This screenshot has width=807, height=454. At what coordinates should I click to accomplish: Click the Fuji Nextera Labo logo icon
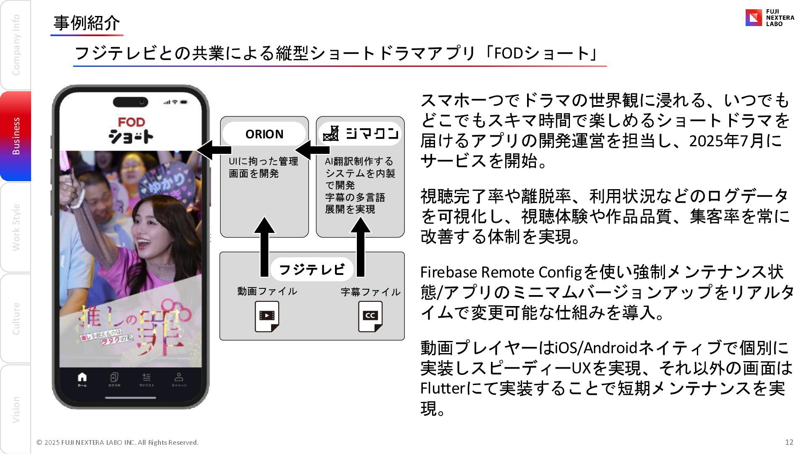click(x=753, y=18)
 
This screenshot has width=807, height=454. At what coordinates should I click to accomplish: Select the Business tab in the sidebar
click(x=16, y=136)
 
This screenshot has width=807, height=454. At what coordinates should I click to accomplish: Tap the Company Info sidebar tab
click(x=16, y=45)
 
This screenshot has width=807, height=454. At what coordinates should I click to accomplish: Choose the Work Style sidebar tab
click(x=16, y=227)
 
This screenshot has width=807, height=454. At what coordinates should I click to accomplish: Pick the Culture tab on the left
click(x=16, y=318)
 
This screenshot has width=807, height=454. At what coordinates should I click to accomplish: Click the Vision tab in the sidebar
click(x=16, y=409)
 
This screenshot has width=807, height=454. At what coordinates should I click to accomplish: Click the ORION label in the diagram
click(x=264, y=134)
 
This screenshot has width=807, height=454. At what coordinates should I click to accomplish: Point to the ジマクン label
click(x=361, y=134)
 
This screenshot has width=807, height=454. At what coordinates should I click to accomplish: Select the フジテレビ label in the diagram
click(x=311, y=269)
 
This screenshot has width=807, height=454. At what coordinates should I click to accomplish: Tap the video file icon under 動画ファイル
click(x=267, y=316)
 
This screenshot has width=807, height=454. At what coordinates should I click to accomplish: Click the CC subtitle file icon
click(x=370, y=316)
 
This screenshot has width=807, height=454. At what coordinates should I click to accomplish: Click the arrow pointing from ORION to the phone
click(x=214, y=150)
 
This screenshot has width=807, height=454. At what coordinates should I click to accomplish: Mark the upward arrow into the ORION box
click(x=264, y=246)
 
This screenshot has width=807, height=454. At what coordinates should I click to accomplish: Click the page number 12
click(x=789, y=442)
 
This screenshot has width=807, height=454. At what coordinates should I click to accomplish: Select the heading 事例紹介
click(x=87, y=23)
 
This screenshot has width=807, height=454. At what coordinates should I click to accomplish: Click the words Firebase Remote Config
click(x=501, y=272)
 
